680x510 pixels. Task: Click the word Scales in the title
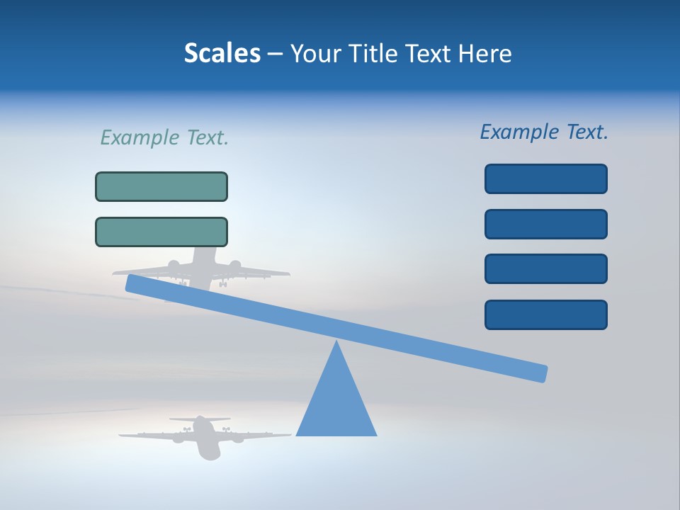click(x=222, y=54)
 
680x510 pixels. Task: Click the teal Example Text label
click(x=164, y=137)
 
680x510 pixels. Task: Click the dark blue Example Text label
click(x=544, y=132)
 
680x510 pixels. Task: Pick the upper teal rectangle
click(x=161, y=186)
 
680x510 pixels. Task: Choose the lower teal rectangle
click(x=161, y=232)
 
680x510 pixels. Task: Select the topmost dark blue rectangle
click(x=545, y=178)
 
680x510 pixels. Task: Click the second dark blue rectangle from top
click(x=545, y=224)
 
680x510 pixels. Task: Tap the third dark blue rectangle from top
click(x=545, y=269)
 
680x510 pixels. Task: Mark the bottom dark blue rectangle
click(x=545, y=314)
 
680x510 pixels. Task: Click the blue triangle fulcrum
click(x=336, y=404)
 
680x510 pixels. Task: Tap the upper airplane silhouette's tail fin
click(x=203, y=255)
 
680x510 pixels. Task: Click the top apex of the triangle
click(x=336, y=343)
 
